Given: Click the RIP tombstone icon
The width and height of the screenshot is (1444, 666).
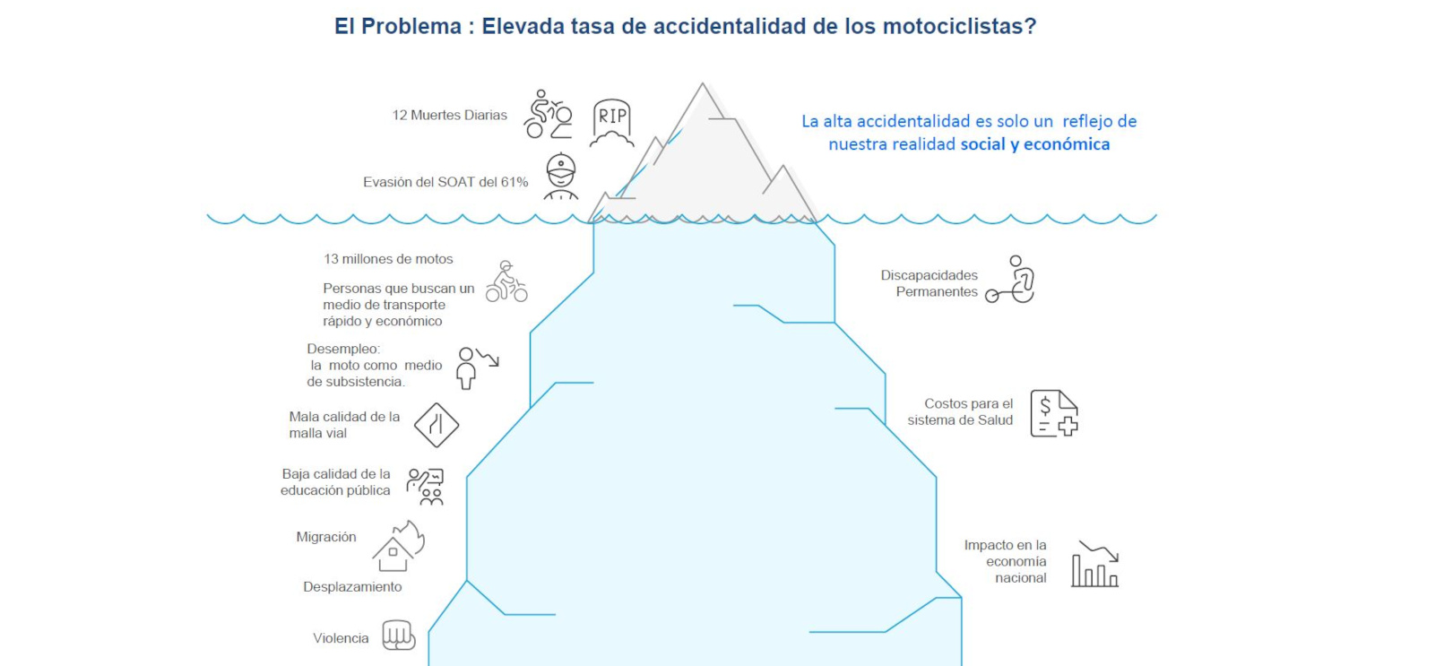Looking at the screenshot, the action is tap(612, 123).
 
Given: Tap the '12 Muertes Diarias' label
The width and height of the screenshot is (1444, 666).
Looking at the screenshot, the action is tap(449, 115).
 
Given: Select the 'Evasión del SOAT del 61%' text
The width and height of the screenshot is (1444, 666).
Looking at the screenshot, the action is tap(445, 182).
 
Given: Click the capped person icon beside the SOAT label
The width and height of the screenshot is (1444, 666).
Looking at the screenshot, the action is tap(561, 176).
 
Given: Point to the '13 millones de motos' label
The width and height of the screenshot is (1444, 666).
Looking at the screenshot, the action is tap(388, 259).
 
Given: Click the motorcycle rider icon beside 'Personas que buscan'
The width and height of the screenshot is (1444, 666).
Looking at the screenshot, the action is tap(506, 281).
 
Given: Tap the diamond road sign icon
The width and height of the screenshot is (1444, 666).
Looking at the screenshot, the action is tap(437, 425).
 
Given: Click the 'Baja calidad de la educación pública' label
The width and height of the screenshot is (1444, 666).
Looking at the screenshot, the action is tap(335, 482).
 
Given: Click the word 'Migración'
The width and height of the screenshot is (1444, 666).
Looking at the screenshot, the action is tap(326, 537).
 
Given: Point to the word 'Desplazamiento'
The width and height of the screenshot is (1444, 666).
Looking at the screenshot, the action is tap(352, 587).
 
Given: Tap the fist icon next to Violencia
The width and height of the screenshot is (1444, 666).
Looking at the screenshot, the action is tap(399, 636).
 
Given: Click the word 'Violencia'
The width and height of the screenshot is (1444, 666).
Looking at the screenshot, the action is tap(341, 638).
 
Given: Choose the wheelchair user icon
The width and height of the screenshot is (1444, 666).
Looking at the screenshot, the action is tap(1010, 280).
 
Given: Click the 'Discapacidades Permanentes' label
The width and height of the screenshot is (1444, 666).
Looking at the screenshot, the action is tap(930, 283).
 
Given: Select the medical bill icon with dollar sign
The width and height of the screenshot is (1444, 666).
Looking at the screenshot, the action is tap(1054, 413).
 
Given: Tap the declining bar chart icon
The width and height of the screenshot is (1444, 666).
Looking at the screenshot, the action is tap(1095, 564).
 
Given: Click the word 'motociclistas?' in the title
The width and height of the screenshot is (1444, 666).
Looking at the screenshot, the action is tap(959, 26).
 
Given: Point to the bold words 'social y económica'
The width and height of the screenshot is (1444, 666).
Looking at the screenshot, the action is tap(1035, 144).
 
